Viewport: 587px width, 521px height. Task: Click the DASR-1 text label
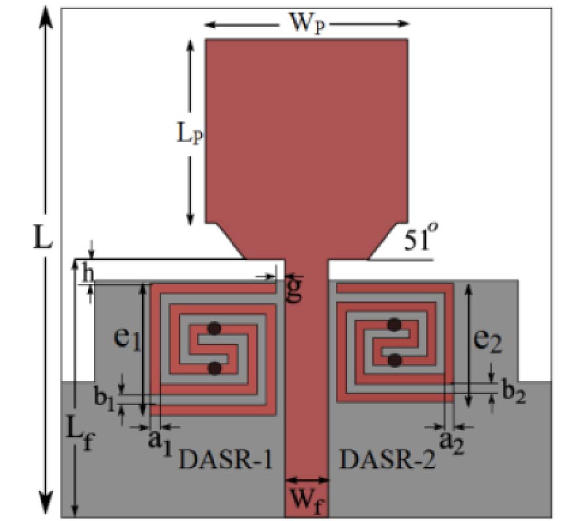(225, 461)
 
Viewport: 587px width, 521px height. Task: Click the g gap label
(294, 290)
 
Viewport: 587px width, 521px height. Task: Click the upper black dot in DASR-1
(213, 328)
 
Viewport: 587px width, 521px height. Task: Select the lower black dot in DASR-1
(213, 368)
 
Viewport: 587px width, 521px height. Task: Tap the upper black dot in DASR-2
(394, 324)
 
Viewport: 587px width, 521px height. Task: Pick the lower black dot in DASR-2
(394, 359)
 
